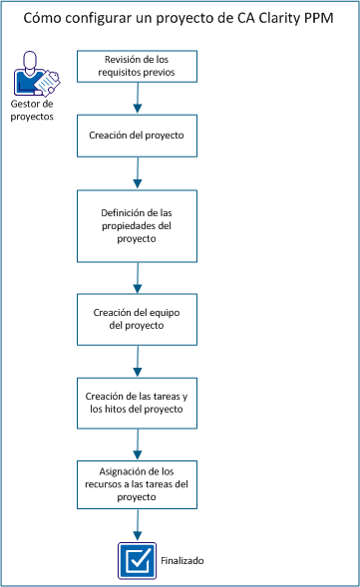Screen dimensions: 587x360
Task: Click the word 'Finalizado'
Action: pos(181,561)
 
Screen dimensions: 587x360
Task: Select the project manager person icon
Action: pos(29,78)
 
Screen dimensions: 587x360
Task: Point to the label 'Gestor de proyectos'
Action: pos(33,110)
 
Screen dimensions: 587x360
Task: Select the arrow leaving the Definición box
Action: pos(138,277)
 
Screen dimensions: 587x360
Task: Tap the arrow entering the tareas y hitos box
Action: pos(138,362)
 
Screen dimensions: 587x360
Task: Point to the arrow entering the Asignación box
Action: pos(138,443)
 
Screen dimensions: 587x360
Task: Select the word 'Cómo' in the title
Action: pos(43,19)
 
